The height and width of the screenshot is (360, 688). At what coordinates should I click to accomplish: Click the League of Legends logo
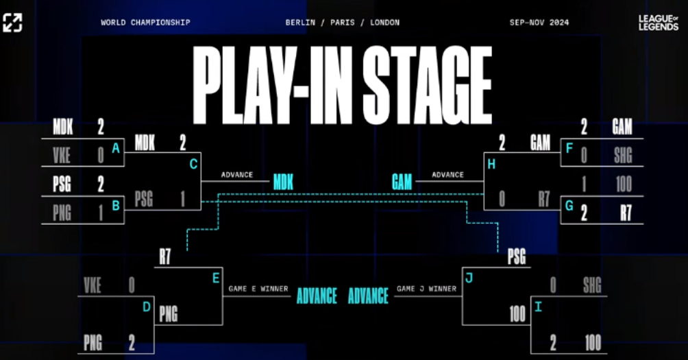tap(658, 23)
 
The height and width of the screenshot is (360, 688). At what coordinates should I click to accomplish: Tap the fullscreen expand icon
tap(12, 23)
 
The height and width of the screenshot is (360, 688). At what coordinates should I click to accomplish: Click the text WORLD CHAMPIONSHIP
tap(146, 23)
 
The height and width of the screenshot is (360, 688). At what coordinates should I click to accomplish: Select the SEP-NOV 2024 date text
tap(539, 23)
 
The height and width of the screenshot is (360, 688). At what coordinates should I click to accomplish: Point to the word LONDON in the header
tap(385, 23)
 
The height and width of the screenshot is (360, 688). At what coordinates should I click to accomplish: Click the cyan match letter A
tap(116, 148)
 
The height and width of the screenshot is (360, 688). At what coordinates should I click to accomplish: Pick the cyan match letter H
tap(491, 164)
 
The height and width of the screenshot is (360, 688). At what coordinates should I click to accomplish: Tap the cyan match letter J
tap(469, 278)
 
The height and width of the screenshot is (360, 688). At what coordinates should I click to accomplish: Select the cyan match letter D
tap(147, 307)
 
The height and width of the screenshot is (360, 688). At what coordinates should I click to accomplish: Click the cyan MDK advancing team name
tap(283, 182)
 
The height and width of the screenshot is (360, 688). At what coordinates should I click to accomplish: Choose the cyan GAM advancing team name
tap(402, 182)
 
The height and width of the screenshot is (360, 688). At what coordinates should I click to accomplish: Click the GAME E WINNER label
tap(258, 289)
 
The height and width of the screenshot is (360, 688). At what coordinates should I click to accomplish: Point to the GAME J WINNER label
tap(426, 289)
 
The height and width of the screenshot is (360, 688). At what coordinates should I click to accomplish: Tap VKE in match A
tap(62, 156)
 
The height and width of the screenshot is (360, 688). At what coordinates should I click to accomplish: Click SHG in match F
tap(623, 156)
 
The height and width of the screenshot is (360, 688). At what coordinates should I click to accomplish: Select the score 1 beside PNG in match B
tap(101, 213)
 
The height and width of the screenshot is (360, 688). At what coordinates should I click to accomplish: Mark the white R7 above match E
tap(165, 257)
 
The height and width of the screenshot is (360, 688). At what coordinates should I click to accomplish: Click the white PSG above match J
tap(517, 257)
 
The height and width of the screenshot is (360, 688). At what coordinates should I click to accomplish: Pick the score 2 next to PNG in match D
tap(132, 343)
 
